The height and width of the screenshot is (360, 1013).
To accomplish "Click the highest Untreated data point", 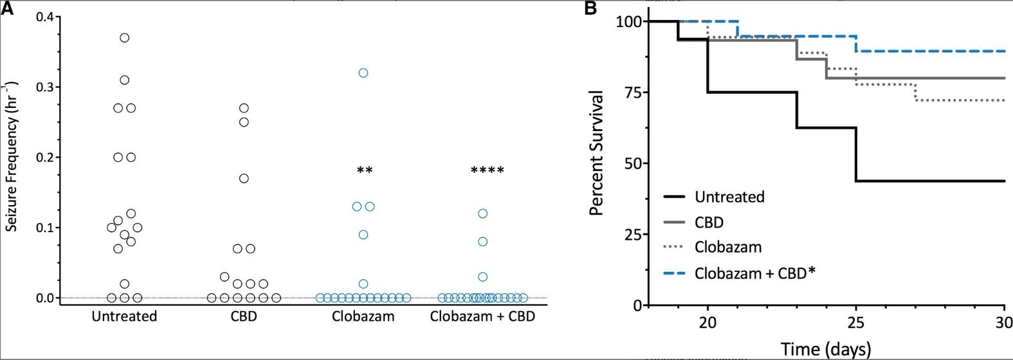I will click(125, 38).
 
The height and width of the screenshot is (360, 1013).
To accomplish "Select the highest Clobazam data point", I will click(363, 73).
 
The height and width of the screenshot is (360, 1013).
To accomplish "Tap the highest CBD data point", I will click(244, 108).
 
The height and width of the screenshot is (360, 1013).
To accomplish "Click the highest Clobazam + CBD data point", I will click(483, 213).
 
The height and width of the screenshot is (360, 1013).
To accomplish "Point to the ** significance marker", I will click(365, 171).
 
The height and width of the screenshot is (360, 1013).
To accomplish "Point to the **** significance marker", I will click(488, 171).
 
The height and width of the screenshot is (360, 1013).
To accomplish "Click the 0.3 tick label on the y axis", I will click(44, 87).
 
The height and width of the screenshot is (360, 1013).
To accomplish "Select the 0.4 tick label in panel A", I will click(44, 17).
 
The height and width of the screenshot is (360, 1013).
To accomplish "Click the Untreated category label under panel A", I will click(124, 316).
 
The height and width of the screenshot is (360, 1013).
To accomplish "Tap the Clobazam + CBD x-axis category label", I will click(482, 316).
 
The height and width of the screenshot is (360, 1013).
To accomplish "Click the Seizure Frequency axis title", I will click(11, 157).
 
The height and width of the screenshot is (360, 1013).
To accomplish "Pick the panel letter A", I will click(7, 8).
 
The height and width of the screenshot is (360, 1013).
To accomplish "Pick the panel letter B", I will click(590, 8).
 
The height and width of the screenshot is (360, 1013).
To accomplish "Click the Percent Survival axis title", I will click(596, 153).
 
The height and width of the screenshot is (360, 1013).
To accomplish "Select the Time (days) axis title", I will click(826, 349).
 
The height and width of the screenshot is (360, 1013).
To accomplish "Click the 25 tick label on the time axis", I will click(856, 323).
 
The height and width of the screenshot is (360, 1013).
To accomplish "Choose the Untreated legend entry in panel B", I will click(729, 197).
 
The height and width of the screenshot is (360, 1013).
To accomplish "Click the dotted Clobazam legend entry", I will click(728, 247).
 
